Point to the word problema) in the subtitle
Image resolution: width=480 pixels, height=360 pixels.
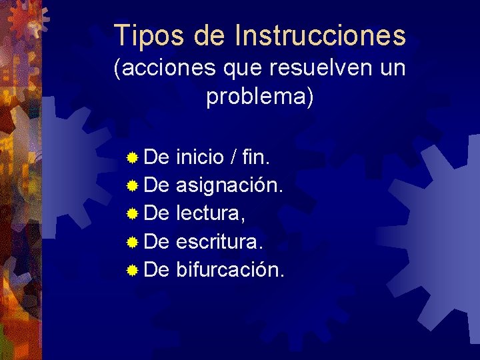[259, 96]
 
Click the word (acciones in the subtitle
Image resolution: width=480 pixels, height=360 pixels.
[159, 67]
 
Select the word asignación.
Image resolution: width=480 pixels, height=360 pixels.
[229, 186]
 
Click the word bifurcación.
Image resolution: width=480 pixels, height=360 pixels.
[230, 269]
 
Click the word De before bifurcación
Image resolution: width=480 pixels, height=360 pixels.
[157, 269]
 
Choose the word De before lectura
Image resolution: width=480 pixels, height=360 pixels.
[157, 213]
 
